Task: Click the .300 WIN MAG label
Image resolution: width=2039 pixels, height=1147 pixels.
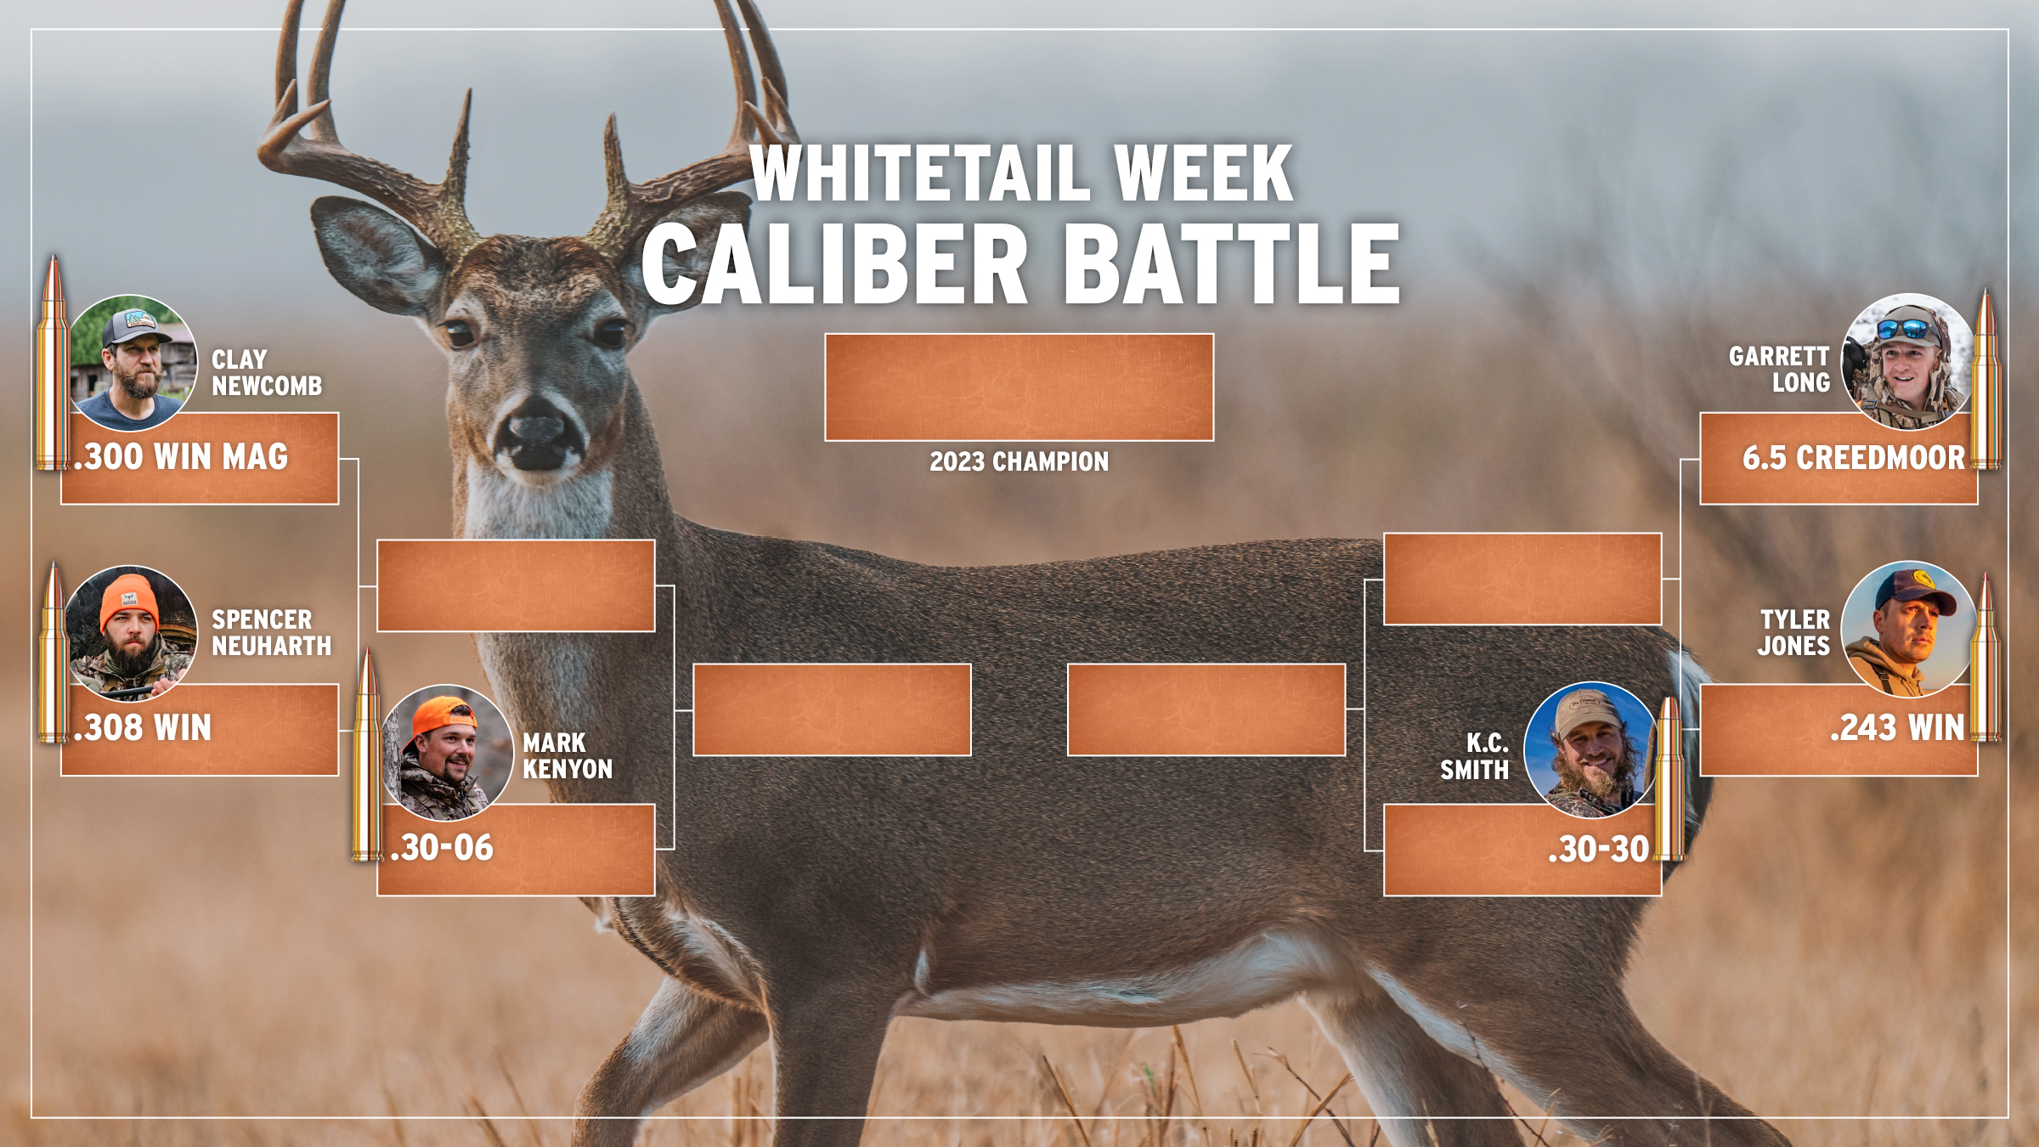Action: [181, 457]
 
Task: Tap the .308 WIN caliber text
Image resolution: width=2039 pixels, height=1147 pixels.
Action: [143, 728]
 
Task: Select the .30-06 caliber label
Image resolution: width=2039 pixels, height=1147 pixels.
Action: [442, 848]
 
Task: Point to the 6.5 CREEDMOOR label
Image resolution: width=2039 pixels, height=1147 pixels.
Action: [1854, 458]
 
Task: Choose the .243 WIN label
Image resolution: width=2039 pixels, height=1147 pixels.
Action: [1897, 728]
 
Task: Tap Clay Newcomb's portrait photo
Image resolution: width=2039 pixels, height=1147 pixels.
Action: [133, 363]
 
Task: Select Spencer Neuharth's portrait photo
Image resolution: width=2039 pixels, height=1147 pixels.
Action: [132, 634]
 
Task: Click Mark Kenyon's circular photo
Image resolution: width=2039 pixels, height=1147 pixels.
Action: [448, 753]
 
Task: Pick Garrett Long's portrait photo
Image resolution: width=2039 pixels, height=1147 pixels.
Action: [1907, 362]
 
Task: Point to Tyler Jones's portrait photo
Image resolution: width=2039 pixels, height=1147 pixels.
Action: [1907, 630]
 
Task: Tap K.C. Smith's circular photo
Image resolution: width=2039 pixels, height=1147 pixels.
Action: [1590, 750]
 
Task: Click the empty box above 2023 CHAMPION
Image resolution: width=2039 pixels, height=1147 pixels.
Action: [1019, 387]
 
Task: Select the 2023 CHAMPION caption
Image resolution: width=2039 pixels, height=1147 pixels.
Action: [1019, 461]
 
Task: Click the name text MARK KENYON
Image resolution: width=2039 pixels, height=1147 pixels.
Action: [568, 756]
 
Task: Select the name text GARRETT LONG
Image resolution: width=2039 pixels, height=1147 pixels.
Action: [1779, 370]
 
